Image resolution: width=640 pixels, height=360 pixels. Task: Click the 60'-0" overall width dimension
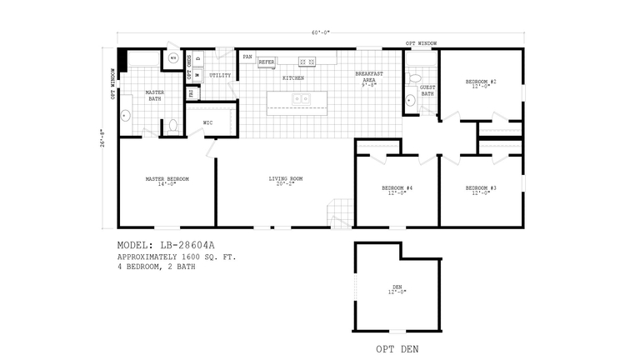[321, 32]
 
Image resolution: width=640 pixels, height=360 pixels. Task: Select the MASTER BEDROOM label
[167, 181]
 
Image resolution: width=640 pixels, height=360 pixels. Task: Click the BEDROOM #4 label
[397, 190]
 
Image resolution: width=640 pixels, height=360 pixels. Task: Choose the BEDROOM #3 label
[481, 190]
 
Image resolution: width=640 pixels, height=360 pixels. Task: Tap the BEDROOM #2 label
[481, 83]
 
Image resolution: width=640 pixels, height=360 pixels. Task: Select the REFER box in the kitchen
[267, 62]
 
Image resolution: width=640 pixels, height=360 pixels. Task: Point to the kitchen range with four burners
[307, 62]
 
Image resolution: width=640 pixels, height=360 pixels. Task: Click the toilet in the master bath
[173, 126]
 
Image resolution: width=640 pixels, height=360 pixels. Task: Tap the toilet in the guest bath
[414, 80]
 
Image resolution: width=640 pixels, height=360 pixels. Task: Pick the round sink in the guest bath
[410, 102]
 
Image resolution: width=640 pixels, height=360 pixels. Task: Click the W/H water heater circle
[173, 58]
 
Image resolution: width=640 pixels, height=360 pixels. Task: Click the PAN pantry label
[247, 57]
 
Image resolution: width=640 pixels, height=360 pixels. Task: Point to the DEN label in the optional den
[397, 289]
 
